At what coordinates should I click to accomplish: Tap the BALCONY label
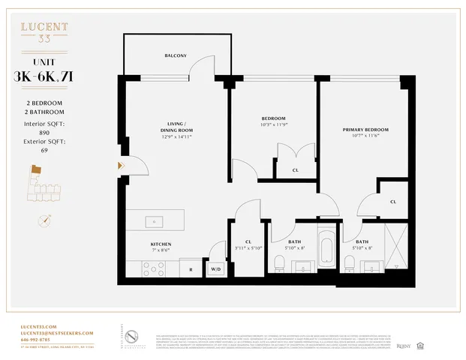[x=176, y=55]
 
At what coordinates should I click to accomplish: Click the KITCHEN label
[x=161, y=244]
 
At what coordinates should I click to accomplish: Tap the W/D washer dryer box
[x=216, y=268]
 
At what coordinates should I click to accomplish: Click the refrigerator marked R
[x=191, y=268]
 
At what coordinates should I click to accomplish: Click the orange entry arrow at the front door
[x=120, y=166]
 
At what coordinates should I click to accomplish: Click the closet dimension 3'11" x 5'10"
[x=247, y=247]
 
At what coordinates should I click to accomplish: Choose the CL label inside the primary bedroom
[x=393, y=202]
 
